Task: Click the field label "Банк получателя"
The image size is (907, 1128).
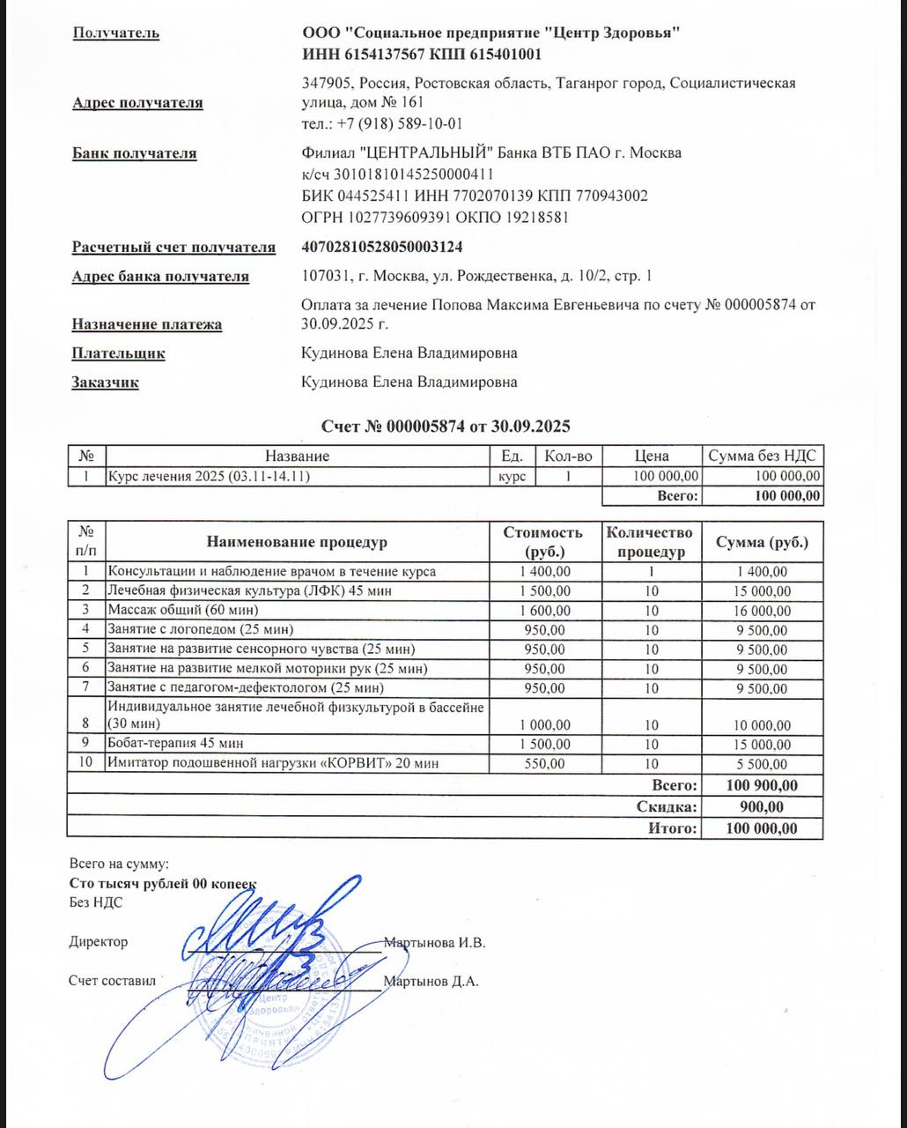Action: (x=134, y=153)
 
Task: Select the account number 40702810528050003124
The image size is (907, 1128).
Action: (x=381, y=248)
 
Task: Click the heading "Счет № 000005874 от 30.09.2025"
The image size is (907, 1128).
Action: (x=446, y=427)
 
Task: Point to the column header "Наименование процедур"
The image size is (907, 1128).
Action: (x=297, y=542)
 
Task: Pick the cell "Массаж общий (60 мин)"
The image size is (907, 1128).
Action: (x=183, y=610)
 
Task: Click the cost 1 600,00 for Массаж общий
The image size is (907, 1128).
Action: (x=545, y=610)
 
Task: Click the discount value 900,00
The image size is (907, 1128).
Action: (x=763, y=806)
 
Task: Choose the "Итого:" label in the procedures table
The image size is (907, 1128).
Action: (x=673, y=828)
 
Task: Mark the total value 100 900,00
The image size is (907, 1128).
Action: (x=763, y=785)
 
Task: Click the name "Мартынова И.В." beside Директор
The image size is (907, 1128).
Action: (x=435, y=942)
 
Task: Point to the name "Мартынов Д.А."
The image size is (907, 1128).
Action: (x=431, y=981)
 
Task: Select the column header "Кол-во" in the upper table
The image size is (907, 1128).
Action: (x=568, y=456)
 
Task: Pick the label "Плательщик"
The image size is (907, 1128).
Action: (x=118, y=353)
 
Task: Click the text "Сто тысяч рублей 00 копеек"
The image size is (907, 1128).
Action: (x=163, y=883)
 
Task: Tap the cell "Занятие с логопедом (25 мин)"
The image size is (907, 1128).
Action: (x=200, y=629)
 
